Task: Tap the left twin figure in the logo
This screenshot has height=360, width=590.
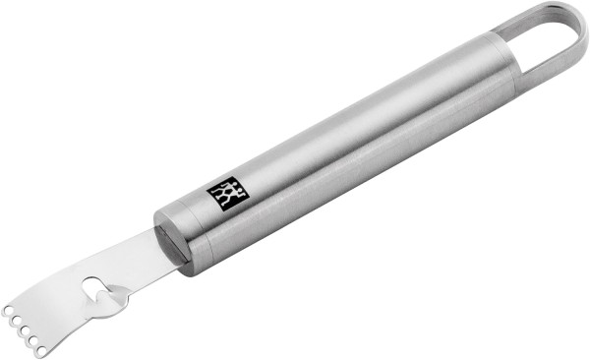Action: (223, 192)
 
